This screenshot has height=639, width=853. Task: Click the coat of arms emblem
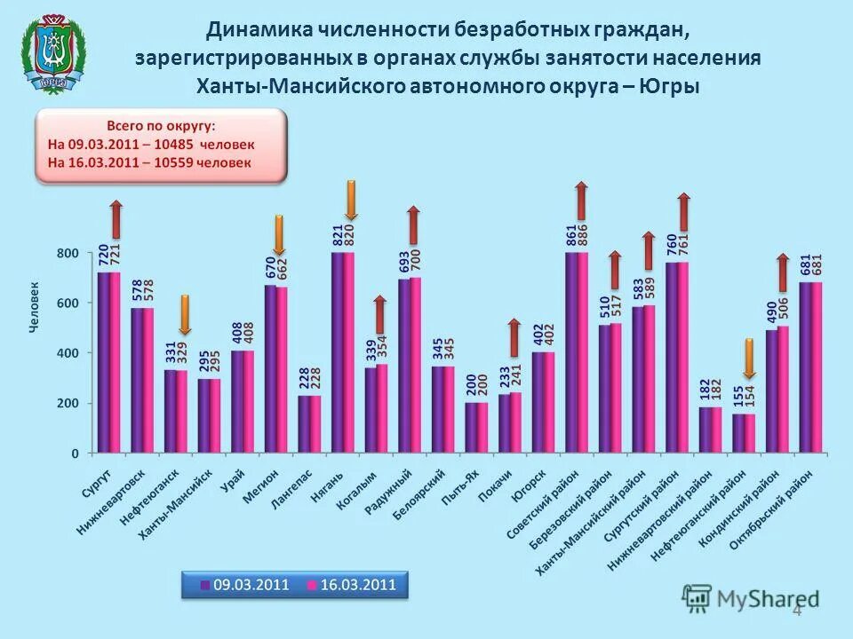[x=56, y=54]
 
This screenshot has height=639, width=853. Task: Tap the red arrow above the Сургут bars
[x=116, y=218]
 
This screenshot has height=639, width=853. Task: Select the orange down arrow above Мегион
[x=278, y=235]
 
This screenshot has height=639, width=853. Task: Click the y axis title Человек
[x=35, y=306]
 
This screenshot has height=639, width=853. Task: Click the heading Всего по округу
[x=161, y=125]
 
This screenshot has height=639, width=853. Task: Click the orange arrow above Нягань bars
[x=350, y=200]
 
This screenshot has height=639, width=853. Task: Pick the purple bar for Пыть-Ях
[x=471, y=428]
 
